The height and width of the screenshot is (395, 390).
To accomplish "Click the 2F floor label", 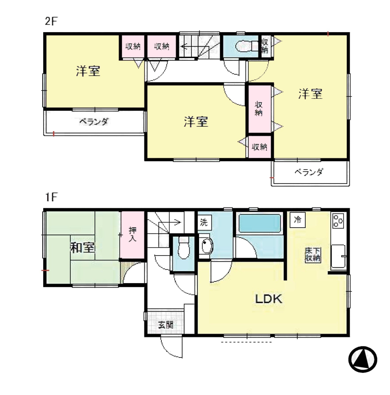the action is click(x=51, y=21).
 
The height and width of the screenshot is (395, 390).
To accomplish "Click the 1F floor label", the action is click(x=51, y=197).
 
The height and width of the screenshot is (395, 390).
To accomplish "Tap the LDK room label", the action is click(x=269, y=299).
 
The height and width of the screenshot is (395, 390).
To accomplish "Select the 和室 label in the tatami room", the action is click(x=83, y=248).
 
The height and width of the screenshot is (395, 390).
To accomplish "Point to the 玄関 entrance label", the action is click(x=166, y=325).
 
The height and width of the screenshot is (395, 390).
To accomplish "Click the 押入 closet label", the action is click(x=132, y=234).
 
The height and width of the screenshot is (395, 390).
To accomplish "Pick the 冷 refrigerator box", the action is click(x=297, y=220).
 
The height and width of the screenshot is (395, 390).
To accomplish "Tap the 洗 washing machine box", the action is click(x=204, y=222).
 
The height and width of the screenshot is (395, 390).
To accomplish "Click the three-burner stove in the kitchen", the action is click(x=338, y=221).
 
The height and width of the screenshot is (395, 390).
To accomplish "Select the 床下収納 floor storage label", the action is click(x=313, y=255).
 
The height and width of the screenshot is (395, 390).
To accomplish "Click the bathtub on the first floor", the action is click(x=260, y=223).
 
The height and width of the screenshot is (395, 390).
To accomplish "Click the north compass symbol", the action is click(x=362, y=359).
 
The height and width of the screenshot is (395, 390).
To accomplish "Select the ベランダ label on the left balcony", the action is click(x=94, y=122).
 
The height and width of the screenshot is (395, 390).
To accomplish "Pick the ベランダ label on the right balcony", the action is click(x=309, y=172).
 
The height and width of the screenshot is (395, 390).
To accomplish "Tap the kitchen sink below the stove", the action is click(x=338, y=256).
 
